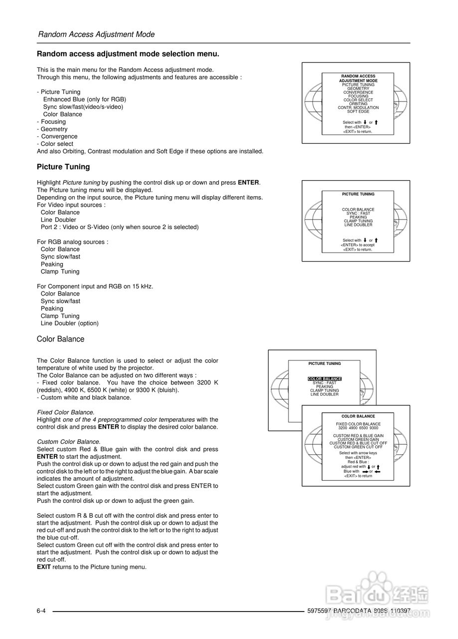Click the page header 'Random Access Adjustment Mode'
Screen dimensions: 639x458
point(96,34)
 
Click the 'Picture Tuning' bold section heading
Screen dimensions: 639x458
point(63,167)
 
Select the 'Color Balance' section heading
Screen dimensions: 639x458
point(61,339)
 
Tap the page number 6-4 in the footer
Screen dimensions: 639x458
point(41,611)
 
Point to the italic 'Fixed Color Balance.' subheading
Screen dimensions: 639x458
point(66,412)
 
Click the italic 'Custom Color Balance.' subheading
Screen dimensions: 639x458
point(69,442)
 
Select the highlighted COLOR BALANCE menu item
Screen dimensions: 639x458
point(324,379)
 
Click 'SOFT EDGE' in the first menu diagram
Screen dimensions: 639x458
point(358,111)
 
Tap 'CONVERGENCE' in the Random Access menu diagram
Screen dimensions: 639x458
point(358,92)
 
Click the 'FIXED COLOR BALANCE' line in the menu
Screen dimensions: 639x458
point(358,424)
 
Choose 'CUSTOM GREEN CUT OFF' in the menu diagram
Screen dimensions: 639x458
point(358,447)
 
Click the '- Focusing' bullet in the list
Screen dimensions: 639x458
point(51,122)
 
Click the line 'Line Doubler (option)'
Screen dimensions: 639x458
point(70,323)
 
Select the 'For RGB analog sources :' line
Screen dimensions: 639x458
point(72,242)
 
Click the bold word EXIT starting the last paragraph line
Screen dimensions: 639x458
point(44,567)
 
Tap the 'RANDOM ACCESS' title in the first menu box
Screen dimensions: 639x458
point(358,76)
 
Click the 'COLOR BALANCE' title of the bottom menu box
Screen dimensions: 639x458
point(358,416)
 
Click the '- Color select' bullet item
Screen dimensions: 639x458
point(55,144)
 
